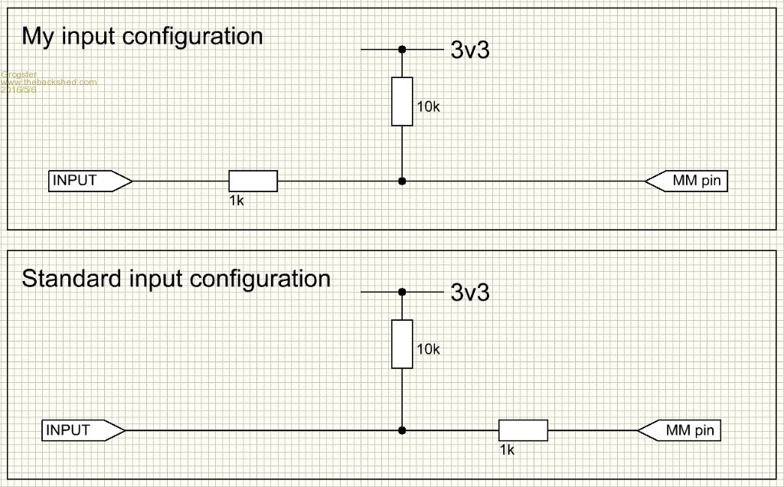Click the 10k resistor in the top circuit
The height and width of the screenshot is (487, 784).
point(402,101)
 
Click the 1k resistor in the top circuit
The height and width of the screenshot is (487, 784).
point(253,181)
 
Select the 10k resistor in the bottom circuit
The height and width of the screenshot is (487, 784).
point(402,344)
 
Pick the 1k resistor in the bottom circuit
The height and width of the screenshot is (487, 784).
point(523,430)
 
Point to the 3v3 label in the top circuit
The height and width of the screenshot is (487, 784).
point(469,51)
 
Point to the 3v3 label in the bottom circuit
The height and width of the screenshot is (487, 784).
point(469,293)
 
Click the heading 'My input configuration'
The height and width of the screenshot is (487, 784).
point(142,36)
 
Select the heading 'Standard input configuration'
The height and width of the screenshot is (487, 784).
point(176,278)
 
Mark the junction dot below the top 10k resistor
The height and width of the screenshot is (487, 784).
point(402,181)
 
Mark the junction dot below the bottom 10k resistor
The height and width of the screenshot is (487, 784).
point(402,430)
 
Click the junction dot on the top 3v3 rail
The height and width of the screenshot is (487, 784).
point(402,50)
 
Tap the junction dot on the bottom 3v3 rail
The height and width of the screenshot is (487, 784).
point(402,292)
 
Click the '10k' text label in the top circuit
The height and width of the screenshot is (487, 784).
point(428,107)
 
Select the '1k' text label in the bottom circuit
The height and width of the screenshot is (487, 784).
point(507,449)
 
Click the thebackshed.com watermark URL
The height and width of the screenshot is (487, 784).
point(49,82)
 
